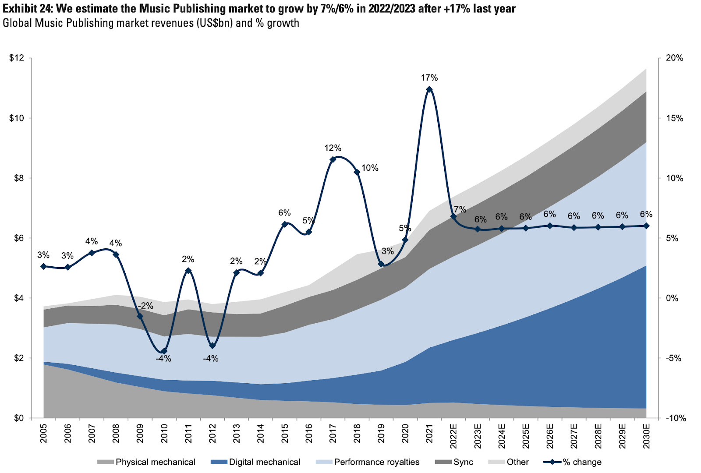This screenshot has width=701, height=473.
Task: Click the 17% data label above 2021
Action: (429, 78)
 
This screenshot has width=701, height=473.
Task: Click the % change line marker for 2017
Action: (333, 159)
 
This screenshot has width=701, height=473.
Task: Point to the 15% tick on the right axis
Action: (674, 118)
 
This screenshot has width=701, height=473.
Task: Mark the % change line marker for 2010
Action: (164, 351)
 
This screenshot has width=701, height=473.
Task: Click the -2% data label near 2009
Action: (146, 306)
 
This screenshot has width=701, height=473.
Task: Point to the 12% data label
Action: (333, 148)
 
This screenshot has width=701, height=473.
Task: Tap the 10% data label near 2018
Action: (370, 168)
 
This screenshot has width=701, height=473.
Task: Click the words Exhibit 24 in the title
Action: (27, 8)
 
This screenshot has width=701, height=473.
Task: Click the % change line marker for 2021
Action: (429, 89)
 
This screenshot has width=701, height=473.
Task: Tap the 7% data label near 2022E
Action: (460, 210)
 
